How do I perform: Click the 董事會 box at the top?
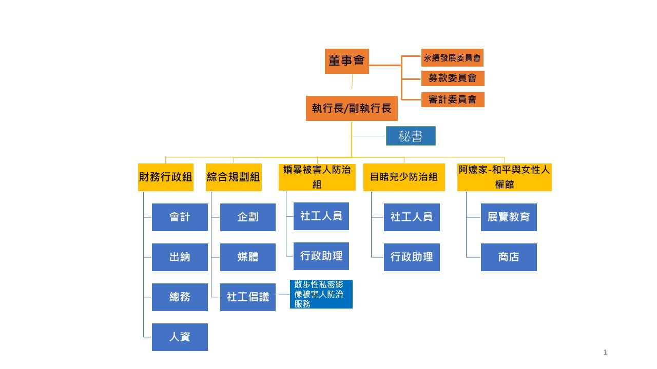click(346, 61)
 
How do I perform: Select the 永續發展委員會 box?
click(452, 58)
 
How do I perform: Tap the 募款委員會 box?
click(452, 78)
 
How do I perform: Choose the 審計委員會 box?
click(452, 99)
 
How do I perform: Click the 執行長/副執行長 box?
click(352, 108)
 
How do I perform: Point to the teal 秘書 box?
click(411, 136)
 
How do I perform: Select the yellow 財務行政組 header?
click(166, 177)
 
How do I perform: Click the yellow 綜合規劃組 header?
click(234, 177)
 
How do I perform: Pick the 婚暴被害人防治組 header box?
click(317, 177)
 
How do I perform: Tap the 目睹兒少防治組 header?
click(404, 177)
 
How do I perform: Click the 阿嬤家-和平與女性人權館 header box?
click(504, 177)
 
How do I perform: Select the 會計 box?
click(180, 217)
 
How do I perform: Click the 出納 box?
click(180, 257)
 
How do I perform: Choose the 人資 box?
click(180, 337)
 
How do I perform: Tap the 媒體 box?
click(248, 257)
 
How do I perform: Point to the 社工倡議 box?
click(248, 297)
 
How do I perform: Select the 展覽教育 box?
click(509, 217)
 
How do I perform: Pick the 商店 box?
click(509, 257)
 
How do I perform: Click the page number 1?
click(606, 352)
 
